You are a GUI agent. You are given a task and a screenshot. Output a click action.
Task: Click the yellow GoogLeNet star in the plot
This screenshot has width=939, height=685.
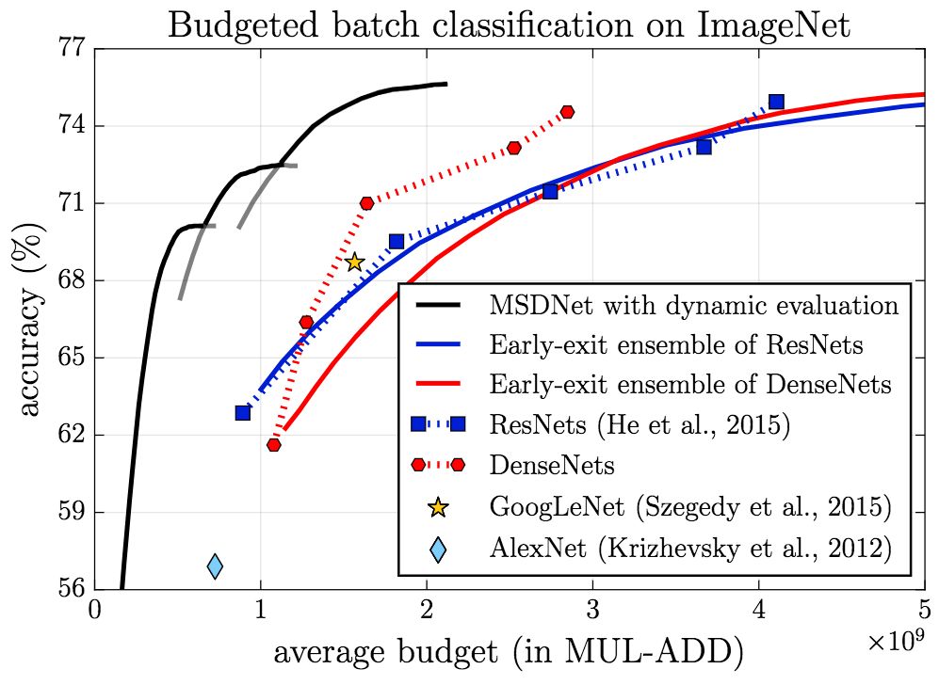354,263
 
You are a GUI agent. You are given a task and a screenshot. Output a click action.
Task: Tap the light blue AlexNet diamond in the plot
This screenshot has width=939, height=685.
215,566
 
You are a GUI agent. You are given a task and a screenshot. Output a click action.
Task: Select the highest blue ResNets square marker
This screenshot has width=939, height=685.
776,102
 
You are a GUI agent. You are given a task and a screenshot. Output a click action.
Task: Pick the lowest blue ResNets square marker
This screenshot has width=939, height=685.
243,412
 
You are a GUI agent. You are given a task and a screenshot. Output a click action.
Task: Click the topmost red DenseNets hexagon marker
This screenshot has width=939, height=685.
567,112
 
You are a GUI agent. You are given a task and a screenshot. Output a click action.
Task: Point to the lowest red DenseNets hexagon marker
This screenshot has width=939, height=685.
274,444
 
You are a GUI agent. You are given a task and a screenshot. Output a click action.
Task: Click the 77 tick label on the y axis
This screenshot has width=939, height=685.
72,49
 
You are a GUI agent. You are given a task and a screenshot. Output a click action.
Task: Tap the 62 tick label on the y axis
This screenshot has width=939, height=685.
72,436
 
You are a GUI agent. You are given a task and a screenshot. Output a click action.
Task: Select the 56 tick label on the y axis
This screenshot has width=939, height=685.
72,590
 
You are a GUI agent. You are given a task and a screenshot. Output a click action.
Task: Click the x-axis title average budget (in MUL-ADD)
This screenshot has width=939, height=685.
509,652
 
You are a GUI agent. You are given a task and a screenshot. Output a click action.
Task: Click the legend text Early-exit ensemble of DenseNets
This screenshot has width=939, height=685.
690,385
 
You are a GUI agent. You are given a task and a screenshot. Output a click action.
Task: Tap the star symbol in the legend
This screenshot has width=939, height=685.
437,507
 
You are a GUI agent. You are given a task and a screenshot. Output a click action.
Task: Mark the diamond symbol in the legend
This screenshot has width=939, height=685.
437,547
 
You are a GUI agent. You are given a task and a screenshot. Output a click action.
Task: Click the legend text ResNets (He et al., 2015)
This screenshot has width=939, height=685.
639,425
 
